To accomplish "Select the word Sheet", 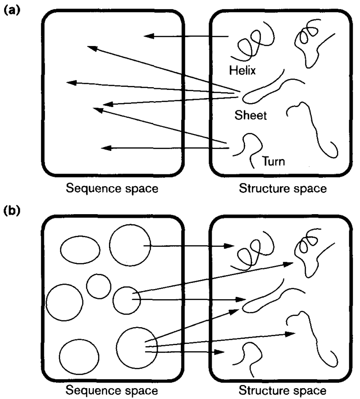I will coord(251,115).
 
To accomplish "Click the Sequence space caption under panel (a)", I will coord(112,188).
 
